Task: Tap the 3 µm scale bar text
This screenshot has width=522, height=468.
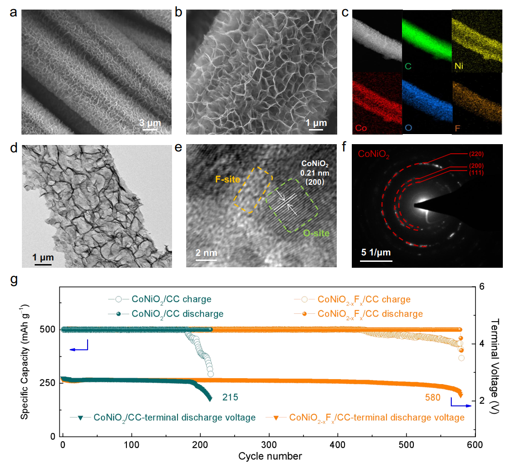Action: tap(150, 123)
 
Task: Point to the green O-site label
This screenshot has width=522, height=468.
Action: tap(316, 233)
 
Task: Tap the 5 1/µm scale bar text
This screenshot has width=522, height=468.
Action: tap(376, 252)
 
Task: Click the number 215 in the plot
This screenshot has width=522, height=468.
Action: tap(230, 397)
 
